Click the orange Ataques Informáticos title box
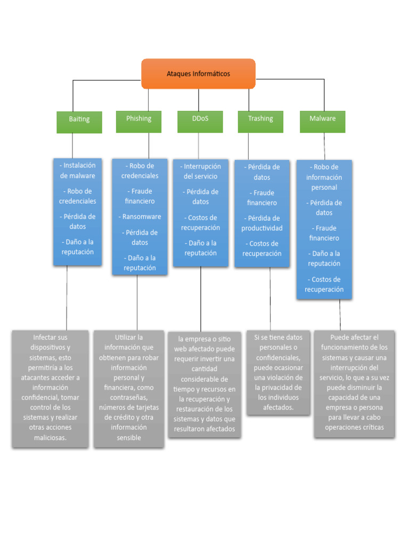click(198, 74)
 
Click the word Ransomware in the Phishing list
click(142, 217)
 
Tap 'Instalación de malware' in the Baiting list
click(78, 171)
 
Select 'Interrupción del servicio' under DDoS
click(200, 171)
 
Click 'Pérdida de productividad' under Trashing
click(262, 223)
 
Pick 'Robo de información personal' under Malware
click(324, 177)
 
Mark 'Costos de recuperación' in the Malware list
click(324, 284)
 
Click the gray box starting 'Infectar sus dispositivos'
click(51, 388)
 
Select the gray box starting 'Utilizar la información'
click(129, 388)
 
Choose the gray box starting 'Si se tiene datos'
click(278, 373)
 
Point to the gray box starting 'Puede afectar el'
click(354, 383)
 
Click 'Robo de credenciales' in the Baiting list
click(78, 196)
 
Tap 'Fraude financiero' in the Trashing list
click(262, 198)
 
